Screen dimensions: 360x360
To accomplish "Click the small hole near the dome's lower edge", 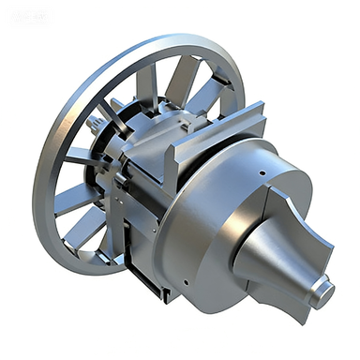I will point(187,281).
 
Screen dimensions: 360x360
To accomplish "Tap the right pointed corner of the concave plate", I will point(331,246).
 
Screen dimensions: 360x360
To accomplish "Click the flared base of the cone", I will point(248,253).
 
